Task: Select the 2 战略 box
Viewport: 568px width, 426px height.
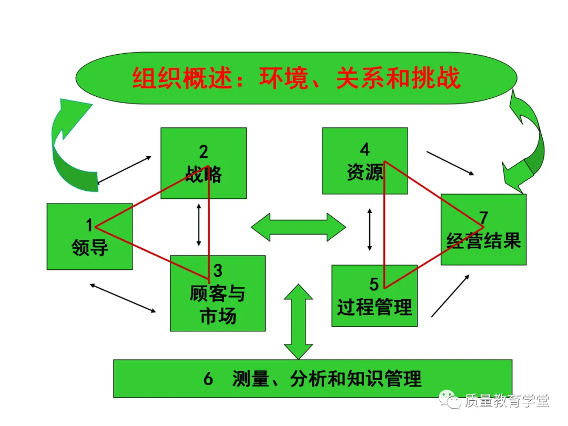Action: (x=203, y=163)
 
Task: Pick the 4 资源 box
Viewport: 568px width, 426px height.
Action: (x=364, y=161)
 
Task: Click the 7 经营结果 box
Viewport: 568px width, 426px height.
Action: (x=483, y=230)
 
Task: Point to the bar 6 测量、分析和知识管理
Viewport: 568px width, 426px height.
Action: (x=312, y=379)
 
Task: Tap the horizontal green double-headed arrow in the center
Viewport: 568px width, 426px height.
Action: (x=298, y=227)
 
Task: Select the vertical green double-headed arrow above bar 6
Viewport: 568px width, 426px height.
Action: (x=298, y=321)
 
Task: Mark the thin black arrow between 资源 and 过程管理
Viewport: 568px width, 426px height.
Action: (x=370, y=229)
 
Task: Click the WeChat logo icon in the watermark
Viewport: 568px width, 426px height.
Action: (x=450, y=401)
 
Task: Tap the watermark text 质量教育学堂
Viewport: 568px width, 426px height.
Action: (x=506, y=401)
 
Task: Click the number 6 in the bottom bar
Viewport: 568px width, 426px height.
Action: (x=208, y=379)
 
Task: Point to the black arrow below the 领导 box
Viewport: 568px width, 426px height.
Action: (x=123, y=298)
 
